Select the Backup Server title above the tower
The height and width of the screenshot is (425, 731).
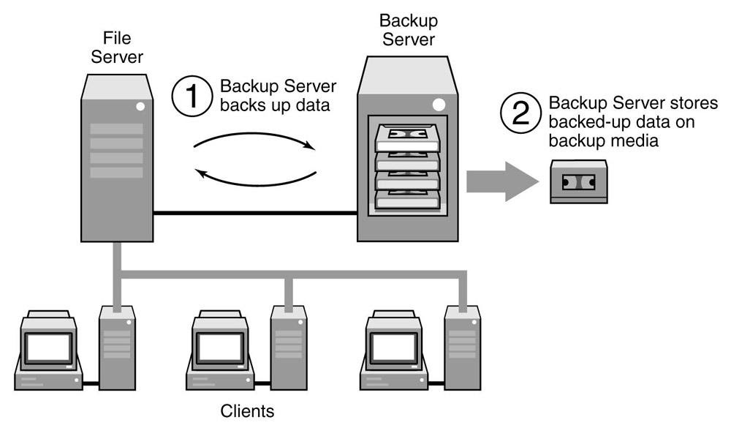pyautogui.click(x=409, y=29)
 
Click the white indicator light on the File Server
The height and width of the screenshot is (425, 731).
pyautogui.click(x=141, y=107)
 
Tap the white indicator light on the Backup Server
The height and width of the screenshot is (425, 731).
pyautogui.click(x=438, y=105)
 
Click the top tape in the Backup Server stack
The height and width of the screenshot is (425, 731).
pyautogui.click(x=409, y=135)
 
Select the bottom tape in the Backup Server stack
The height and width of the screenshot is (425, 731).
pyautogui.click(x=409, y=199)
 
